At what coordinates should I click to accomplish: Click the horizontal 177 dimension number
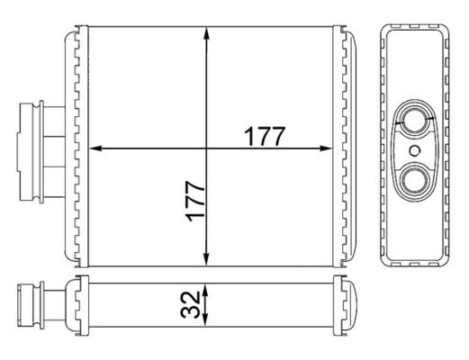point(264,137)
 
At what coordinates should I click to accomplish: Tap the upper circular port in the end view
point(415,119)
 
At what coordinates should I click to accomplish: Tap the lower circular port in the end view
point(415,180)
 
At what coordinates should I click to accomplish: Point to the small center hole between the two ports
point(415,150)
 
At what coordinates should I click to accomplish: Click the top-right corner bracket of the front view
point(343,37)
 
